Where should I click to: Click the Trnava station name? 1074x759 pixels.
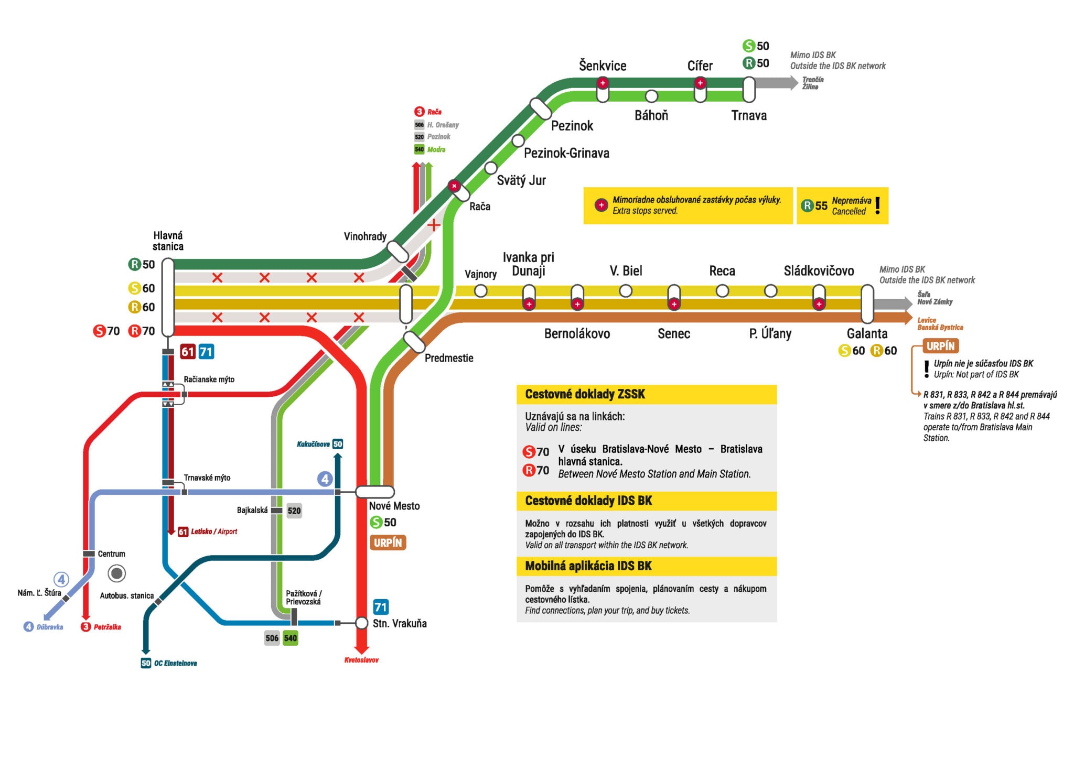click(x=749, y=115)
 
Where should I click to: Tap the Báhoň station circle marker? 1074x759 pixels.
click(x=651, y=96)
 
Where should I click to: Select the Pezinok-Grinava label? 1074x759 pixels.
click(x=566, y=153)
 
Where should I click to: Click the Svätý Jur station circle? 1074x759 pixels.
click(x=491, y=168)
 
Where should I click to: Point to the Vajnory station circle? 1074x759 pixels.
click(x=480, y=290)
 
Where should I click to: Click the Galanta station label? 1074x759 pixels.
click(x=867, y=333)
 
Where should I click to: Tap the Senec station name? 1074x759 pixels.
click(x=674, y=333)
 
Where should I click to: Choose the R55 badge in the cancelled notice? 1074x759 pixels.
click(x=814, y=205)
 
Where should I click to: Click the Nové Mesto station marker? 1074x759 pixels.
click(x=375, y=492)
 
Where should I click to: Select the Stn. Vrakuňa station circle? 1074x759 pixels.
click(x=361, y=623)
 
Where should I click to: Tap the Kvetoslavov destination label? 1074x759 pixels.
click(x=361, y=660)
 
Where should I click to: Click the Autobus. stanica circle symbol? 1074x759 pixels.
click(x=116, y=573)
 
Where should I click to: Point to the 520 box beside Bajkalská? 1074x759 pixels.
click(x=294, y=511)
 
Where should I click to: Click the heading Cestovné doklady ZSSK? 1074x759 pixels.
click(x=585, y=394)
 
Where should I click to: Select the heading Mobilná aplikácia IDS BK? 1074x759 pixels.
click(x=588, y=566)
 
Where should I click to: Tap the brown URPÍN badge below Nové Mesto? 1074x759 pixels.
click(x=388, y=543)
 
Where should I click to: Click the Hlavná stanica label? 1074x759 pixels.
click(x=168, y=241)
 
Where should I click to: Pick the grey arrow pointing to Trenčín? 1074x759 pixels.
click(x=777, y=82)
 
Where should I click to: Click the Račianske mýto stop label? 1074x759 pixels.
click(x=209, y=379)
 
